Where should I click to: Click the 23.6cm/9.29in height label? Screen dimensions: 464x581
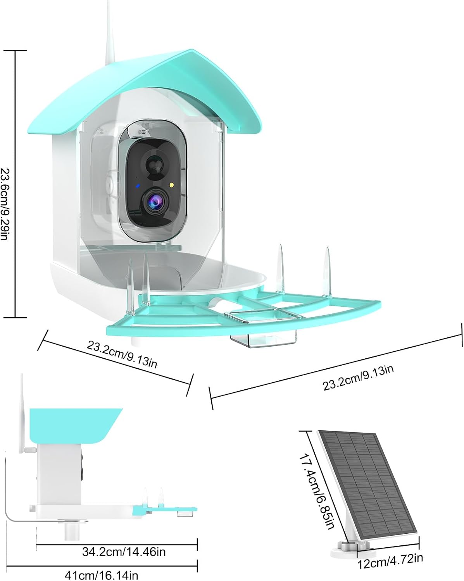click(x=6, y=205)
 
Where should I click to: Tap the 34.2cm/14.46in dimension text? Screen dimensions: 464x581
click(x=124, y=552)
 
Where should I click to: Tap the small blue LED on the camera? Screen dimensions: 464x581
click(x=138, y=186)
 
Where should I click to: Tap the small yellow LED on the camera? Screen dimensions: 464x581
click(x=171, y=185)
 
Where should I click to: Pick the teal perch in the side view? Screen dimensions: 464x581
click(x=164, y=509)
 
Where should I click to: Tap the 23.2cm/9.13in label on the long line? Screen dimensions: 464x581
click(x=358, y=378)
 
